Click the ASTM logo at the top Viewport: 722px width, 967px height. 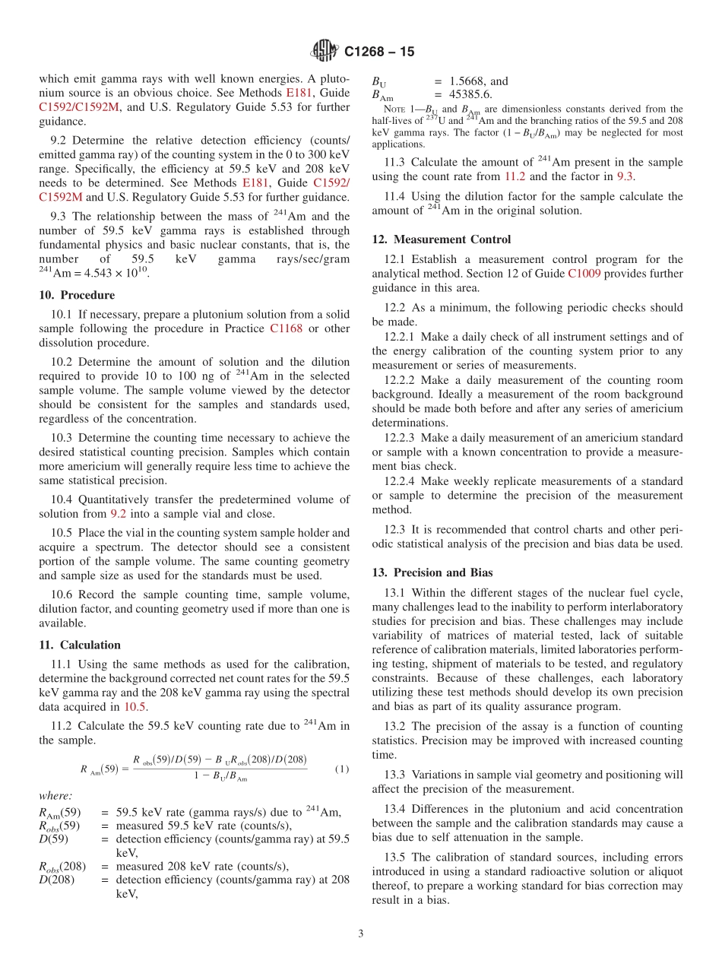[x=325, y=51]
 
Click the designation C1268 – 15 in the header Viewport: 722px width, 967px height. [x=379, y=52]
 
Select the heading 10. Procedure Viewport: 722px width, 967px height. [x=77, y=295]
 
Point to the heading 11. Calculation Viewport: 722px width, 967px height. [x=80, y=645]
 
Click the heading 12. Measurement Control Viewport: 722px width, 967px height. [x=441, y=239]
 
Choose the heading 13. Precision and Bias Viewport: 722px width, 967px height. [x=432, y=572]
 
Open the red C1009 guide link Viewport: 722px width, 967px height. [x=583, y=274]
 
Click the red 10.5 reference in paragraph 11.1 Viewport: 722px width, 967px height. [x=135, y=707]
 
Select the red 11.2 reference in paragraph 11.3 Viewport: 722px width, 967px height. [x=515, y=176]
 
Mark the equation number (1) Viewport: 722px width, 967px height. [x=342, y=769]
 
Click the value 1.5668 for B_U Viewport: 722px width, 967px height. [x=469, y=81]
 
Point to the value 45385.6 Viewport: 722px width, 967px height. [x=470, y=95]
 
